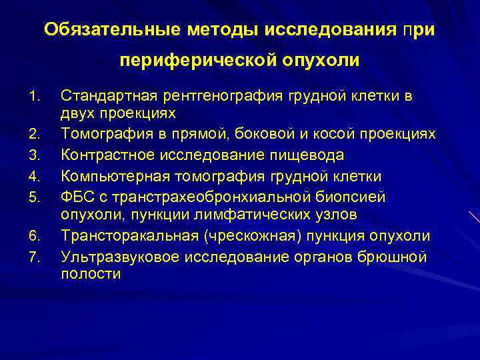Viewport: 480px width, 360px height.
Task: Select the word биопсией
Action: coord(353,196)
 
